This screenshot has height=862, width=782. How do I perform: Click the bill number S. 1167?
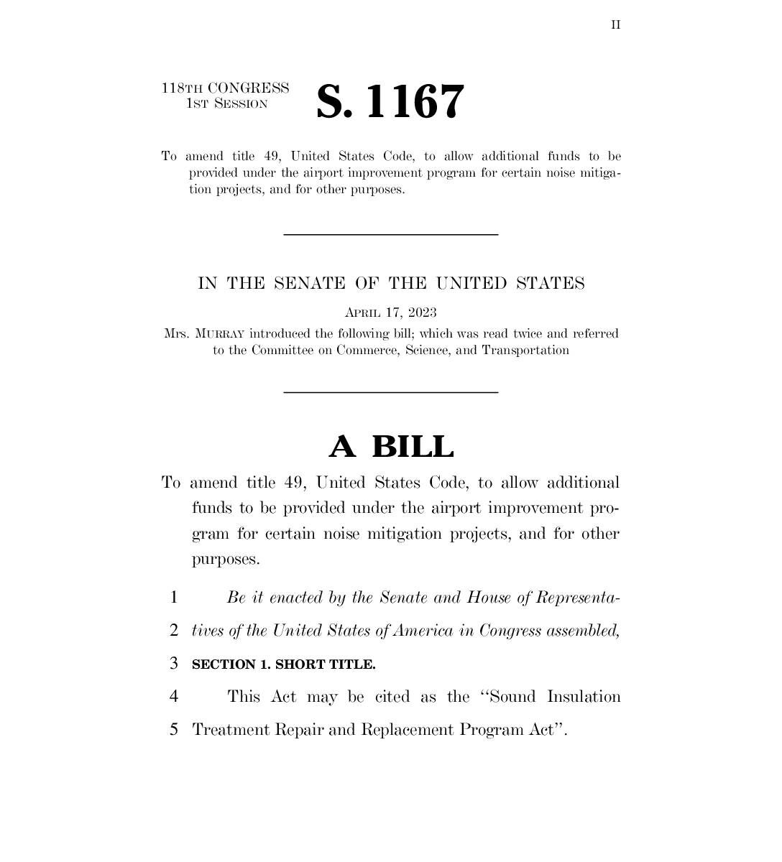[x=390, y=101]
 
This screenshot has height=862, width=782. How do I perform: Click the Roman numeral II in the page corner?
[x=616, y=25]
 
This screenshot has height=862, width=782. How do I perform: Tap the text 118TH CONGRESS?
[x=226, y=88]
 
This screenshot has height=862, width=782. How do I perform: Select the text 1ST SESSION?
[x=226, y=104]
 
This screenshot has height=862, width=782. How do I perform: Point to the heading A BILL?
[x=391, y=446]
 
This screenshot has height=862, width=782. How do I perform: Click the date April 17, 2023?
[x=391, y=312]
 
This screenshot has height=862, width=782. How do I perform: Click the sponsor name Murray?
[x=220, y=334]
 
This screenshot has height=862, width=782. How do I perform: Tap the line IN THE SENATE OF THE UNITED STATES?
[x=391, y=284]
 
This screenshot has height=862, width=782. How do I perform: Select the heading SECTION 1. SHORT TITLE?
[x=283, y=664]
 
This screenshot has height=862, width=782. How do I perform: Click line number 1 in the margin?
[x=173, y=598]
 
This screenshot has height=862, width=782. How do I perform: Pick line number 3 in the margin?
[x=173, y=664]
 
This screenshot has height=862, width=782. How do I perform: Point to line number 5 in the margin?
[x=173, y=730]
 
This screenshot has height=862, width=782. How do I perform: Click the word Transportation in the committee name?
[x=525, y=351]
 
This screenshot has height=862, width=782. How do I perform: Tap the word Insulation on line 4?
[x=584, y=697]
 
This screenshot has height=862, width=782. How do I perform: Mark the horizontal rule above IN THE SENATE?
[x=391, y=234]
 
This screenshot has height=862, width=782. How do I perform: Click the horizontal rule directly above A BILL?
[x=391, y=392]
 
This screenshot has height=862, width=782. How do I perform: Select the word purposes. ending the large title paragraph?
[x=225, y=560]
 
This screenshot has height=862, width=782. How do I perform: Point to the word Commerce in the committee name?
[x=367, y=351]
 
